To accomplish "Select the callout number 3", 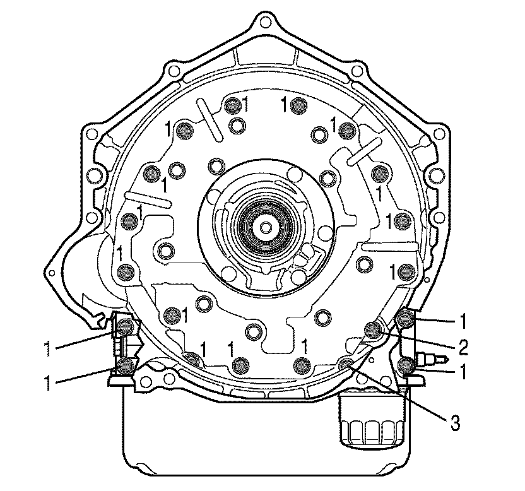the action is (455, 423).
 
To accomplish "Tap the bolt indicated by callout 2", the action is (373, 329).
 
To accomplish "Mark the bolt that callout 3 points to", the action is (346, 364).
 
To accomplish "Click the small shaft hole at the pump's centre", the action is (266, 227).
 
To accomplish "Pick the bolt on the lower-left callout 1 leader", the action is (126, 365).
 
